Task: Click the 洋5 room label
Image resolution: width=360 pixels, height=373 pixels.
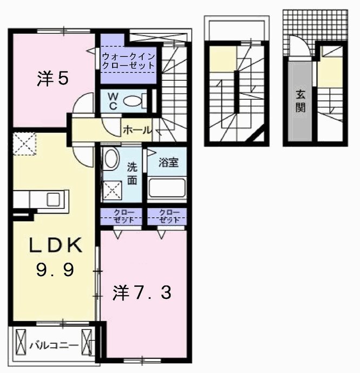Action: (x=53, y=79)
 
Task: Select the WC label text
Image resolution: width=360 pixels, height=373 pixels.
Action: (x=113, y=100)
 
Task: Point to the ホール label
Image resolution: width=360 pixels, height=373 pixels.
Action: (x=138, y=130)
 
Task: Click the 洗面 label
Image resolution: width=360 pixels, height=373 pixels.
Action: (x=132, y=174)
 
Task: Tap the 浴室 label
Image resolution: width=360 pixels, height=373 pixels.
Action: (x=168, y=161)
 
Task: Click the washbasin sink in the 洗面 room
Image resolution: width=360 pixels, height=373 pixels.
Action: (x=112, y=159)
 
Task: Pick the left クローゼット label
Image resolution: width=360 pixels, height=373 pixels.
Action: (x=121, y=216)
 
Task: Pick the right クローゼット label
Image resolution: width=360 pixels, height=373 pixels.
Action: (x=168, y=216)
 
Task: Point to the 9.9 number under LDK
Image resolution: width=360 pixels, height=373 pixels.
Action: (x=55, y=270)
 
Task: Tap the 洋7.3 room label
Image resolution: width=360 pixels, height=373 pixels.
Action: (x=142, y=293)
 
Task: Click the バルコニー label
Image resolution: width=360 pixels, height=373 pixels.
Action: (x=55, y=343)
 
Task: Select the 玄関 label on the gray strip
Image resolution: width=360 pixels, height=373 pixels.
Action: (x=299, y=101)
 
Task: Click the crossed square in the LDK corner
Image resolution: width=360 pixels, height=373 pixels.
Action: (x=23, y=143)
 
